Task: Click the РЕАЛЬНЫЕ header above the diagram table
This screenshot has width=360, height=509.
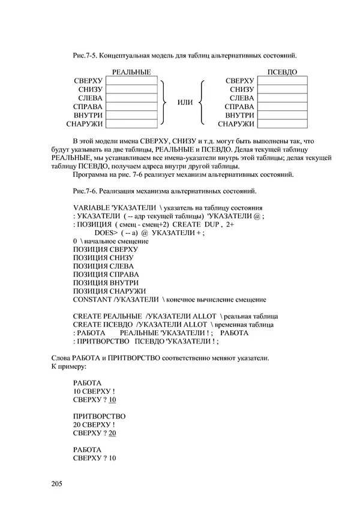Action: [x=131, y=72]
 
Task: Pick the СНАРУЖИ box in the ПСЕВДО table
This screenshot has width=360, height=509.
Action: [x=282, y=125]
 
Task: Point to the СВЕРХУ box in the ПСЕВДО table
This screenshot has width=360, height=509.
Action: [x=282, y=80]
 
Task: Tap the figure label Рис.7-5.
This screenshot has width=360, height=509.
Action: [x=85, y=55]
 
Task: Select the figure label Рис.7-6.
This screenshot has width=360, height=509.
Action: [x=85, y=191]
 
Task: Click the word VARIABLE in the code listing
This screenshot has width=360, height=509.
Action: [x=92, y=207]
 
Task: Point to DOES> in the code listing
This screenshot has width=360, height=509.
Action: [x=106, y=233]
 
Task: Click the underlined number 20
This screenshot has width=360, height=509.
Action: [x=112, y=433]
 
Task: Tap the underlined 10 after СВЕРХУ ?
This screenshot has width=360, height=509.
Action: [x=112, y=399]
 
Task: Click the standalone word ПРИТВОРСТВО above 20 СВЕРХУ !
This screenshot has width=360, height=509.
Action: [x=98, y=416]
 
